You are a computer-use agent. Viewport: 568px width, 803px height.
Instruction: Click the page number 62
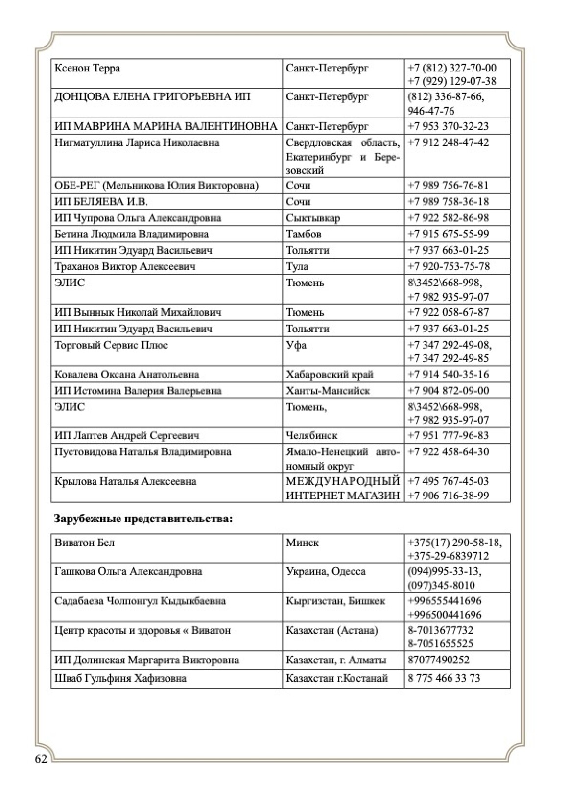[x=41, y=759]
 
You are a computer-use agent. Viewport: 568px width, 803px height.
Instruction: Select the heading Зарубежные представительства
[x=143, y=519]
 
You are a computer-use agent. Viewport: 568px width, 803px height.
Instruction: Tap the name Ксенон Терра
[x=87, y=68]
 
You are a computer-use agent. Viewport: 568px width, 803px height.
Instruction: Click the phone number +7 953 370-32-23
[x=448, y=126]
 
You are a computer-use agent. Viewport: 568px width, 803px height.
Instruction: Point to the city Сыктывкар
[x=313, y=218]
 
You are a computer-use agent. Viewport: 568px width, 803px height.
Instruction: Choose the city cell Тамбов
[x=304, y=234]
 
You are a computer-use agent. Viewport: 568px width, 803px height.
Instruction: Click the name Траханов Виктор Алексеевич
[x=125, y=267]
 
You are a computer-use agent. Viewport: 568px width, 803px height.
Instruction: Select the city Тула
[x=297, y=267]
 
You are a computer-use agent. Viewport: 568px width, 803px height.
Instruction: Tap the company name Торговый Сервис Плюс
[x=111, y=345]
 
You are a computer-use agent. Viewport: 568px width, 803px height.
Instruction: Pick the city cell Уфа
[x=296, y=345]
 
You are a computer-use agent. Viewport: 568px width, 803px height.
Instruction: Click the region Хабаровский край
[x=330, y=375]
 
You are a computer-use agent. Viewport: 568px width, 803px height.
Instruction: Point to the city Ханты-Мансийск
[x=328, y=391]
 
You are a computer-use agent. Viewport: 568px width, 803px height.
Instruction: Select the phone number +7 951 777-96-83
[x=448, y=436]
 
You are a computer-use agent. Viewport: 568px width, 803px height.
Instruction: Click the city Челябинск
[x=311, y=436]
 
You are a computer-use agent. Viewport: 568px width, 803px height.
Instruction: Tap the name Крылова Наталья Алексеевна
[x=125, y=482]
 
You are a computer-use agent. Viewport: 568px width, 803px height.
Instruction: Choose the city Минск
[x=302, y=543]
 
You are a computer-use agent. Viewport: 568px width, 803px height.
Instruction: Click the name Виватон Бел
[x=85, y=543]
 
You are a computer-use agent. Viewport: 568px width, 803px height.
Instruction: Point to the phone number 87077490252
[x=438, y=660]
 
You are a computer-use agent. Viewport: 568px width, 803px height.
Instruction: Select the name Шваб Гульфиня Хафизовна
[x=120, y=679]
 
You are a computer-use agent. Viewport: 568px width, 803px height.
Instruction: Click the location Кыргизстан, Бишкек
[x=335, y=601]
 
